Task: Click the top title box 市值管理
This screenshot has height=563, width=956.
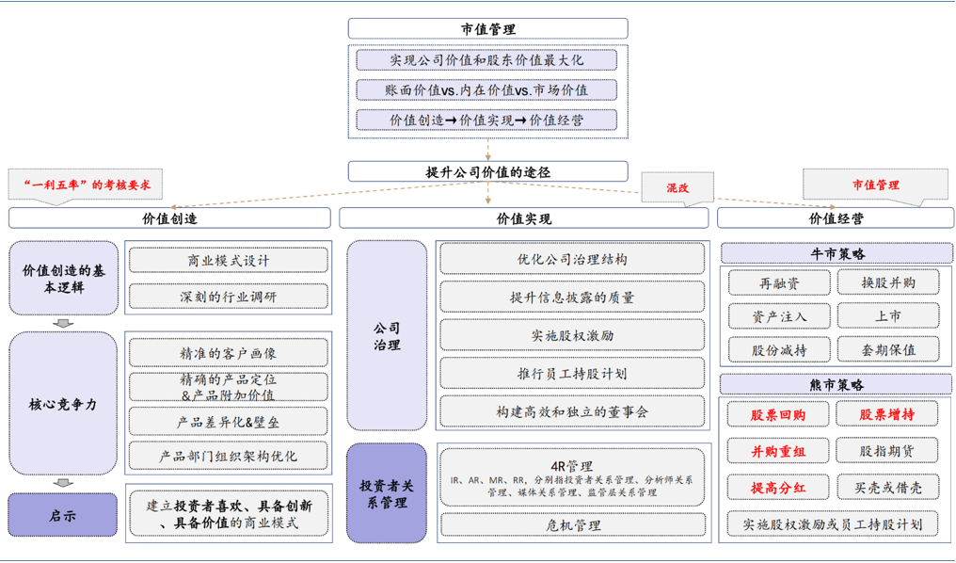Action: pyautogui.click(x=487, y=29)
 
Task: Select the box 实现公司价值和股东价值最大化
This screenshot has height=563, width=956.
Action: pyautogui.click(x=487, y=60)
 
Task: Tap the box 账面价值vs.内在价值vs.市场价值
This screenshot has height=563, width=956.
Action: pyautogui.click(x=487, y=90)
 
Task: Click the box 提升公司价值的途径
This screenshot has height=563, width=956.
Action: pyautogui.click(x=487, y=172)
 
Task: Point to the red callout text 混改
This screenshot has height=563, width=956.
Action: pyautogui.click(x=677, y=187)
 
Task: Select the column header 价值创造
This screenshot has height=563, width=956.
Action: pyautogui.click(x=169, y=218)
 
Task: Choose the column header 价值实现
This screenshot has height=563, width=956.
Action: pyautogui.click(x=523, y=218)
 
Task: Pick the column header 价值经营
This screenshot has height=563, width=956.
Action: pyautogui.click(x=836, y=218)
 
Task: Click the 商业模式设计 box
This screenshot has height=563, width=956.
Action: pyautogui.click(x=229, y=261)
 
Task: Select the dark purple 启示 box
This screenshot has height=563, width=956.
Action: pyautogui.click(x=63, y=516)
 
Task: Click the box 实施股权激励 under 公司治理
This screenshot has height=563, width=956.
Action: pyautogui.click(x=572, y=335)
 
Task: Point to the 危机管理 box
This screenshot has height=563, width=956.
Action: pyautogui.click(x=572, y=525)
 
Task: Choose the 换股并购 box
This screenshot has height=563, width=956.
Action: pyautogui.click(x=887, y=282)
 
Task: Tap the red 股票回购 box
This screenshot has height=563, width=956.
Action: pyautogui.click(x=778, y=415)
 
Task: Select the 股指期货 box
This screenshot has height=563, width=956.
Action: pyautogui.click(x=887, y=451)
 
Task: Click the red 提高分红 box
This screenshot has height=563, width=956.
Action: pyautogui.click(x=778, y=488)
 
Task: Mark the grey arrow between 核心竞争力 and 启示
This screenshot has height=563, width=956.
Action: pyautogui.click(x=63, y=483)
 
